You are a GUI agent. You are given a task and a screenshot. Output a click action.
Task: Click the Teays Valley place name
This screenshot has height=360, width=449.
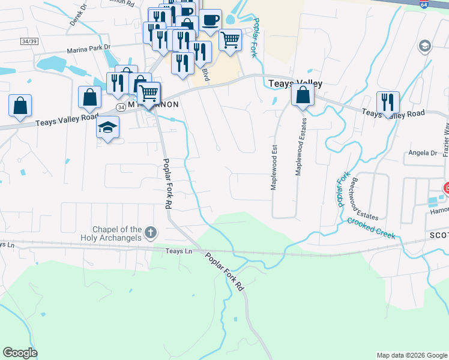pos(295,84)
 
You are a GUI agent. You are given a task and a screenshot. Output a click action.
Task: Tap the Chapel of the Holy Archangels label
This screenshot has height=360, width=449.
pos(116,233)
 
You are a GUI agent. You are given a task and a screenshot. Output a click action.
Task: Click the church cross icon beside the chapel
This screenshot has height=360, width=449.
pos(150,232)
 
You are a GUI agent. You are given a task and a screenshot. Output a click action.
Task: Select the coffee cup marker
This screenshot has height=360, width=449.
pos(210,20)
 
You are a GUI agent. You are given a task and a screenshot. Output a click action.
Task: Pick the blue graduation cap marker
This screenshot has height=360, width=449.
pos(107,127)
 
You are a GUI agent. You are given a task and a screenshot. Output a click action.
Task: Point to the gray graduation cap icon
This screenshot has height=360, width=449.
pos(424,46)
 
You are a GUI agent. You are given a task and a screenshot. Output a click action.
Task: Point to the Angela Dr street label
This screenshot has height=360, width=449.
pos(423,153)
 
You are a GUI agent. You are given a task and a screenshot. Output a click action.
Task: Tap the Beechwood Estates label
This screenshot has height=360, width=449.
pos(365,199)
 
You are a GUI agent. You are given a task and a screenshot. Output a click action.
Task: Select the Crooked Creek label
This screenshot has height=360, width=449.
pos(371,228)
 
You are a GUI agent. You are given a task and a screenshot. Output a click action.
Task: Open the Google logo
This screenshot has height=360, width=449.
pos(20,353)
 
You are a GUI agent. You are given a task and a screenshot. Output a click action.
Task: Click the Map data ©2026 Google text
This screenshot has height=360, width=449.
pos(411,355)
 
